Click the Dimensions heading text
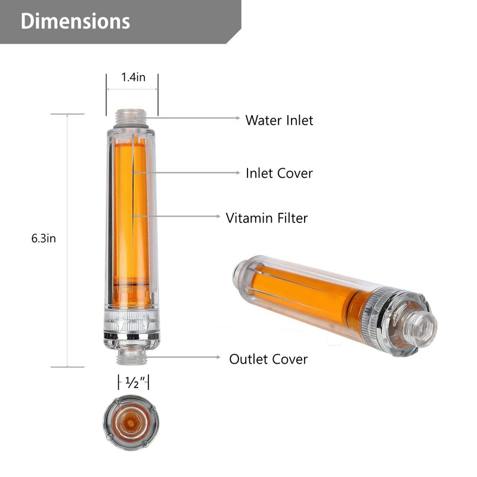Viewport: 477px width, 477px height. (x=75, y=21)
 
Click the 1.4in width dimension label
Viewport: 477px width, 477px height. (x=133, y=77)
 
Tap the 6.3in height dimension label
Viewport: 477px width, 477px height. (x=44, y=238)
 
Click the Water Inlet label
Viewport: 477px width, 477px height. (x=279, y=120)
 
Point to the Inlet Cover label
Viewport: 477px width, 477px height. (x=279, y=173)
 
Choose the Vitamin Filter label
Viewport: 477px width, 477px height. (x=267, y=218)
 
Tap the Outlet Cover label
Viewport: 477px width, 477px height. (x=268, y=359)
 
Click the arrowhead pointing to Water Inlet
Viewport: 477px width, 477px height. (x=237, y=118)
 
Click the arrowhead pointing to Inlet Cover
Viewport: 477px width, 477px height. (x=237, y=172)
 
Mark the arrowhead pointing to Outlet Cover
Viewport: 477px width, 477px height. (x=219, y=358)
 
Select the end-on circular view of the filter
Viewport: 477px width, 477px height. (x=131, y=422)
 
